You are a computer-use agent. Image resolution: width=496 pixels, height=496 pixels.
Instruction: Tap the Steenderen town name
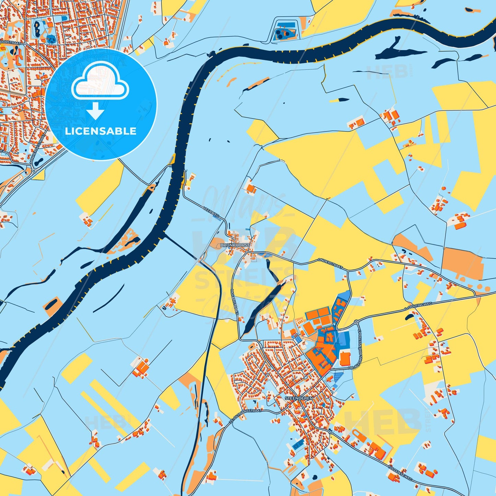[x=299, y=398]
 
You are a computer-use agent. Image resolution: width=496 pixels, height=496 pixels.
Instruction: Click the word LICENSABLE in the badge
[x=101, y=131]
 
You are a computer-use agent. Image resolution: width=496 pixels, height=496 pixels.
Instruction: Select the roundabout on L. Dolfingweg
[x=357, y=322]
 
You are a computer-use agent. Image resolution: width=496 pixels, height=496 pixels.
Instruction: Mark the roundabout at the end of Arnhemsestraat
[x=34, y=171]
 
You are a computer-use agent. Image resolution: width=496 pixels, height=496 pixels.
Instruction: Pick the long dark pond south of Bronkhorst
[x=263, y=309]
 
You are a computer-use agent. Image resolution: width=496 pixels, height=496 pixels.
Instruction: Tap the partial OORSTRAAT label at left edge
[x=10, y=44]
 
